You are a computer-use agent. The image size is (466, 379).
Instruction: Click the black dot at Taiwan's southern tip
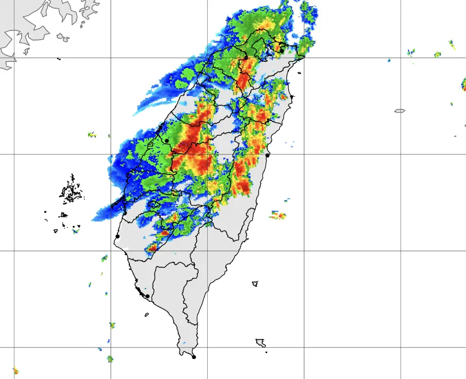click(194, 357)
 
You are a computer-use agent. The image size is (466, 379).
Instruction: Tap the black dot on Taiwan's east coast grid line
click(268, 154)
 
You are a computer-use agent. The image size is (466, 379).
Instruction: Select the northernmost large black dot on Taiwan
click(282, 50)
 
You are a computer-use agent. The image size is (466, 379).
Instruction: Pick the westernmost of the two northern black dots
click(246, 57)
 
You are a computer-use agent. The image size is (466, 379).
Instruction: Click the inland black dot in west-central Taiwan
click(167, 141)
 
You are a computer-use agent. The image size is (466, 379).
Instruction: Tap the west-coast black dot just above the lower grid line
click(118, 236)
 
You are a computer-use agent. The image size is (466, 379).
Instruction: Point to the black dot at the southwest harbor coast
click(147, 296)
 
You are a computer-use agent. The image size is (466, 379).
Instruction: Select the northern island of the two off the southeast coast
click(255, 283)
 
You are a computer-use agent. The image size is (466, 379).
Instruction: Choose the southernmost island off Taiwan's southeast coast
click(261, 342)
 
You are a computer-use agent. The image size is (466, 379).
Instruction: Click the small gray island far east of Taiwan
click(400, 111)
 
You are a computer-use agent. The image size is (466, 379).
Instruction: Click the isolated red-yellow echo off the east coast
click(278, 215)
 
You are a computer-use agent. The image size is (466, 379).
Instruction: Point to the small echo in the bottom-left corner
click(15, 370)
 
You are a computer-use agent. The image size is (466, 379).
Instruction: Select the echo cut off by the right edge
click(464, 85)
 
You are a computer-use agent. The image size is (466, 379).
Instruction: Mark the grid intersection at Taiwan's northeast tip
click(304, 57)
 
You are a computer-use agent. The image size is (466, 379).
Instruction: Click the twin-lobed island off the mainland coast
click(63, 37)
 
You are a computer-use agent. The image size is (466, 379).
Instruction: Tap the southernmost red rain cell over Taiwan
click(151, 249)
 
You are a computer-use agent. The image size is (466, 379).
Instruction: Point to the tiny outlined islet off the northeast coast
click(292, 96)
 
